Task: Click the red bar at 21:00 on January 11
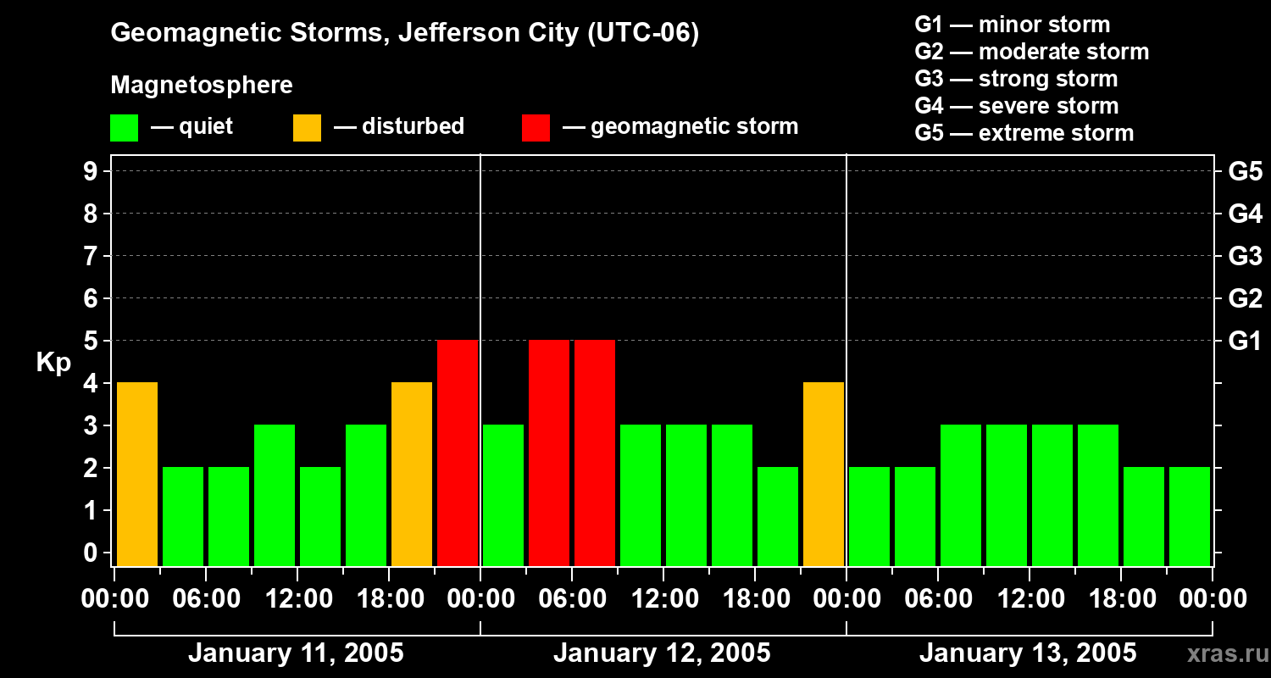(x=458, y=453)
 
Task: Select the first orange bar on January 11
(x=137, y=474)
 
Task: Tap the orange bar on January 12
(x=824, y=474)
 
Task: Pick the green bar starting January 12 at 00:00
(x=503, y=495)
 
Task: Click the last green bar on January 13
(x=1190, y=516)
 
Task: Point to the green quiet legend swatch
(x=125, y=128)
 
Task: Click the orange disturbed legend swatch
(x=308, y=128)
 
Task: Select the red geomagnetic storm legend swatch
(x=536, y=128)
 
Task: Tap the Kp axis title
(x=53, y=363)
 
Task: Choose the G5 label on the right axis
(x=1245, y=172)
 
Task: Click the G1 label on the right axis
(x=1245, y=342)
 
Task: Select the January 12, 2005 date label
(x=662, y=653)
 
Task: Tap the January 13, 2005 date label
(x=1028, y=653)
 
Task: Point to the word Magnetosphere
(x=202, y=86)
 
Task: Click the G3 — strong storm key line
(x=1016, y=79)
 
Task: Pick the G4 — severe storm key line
(x=1017, y=106)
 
